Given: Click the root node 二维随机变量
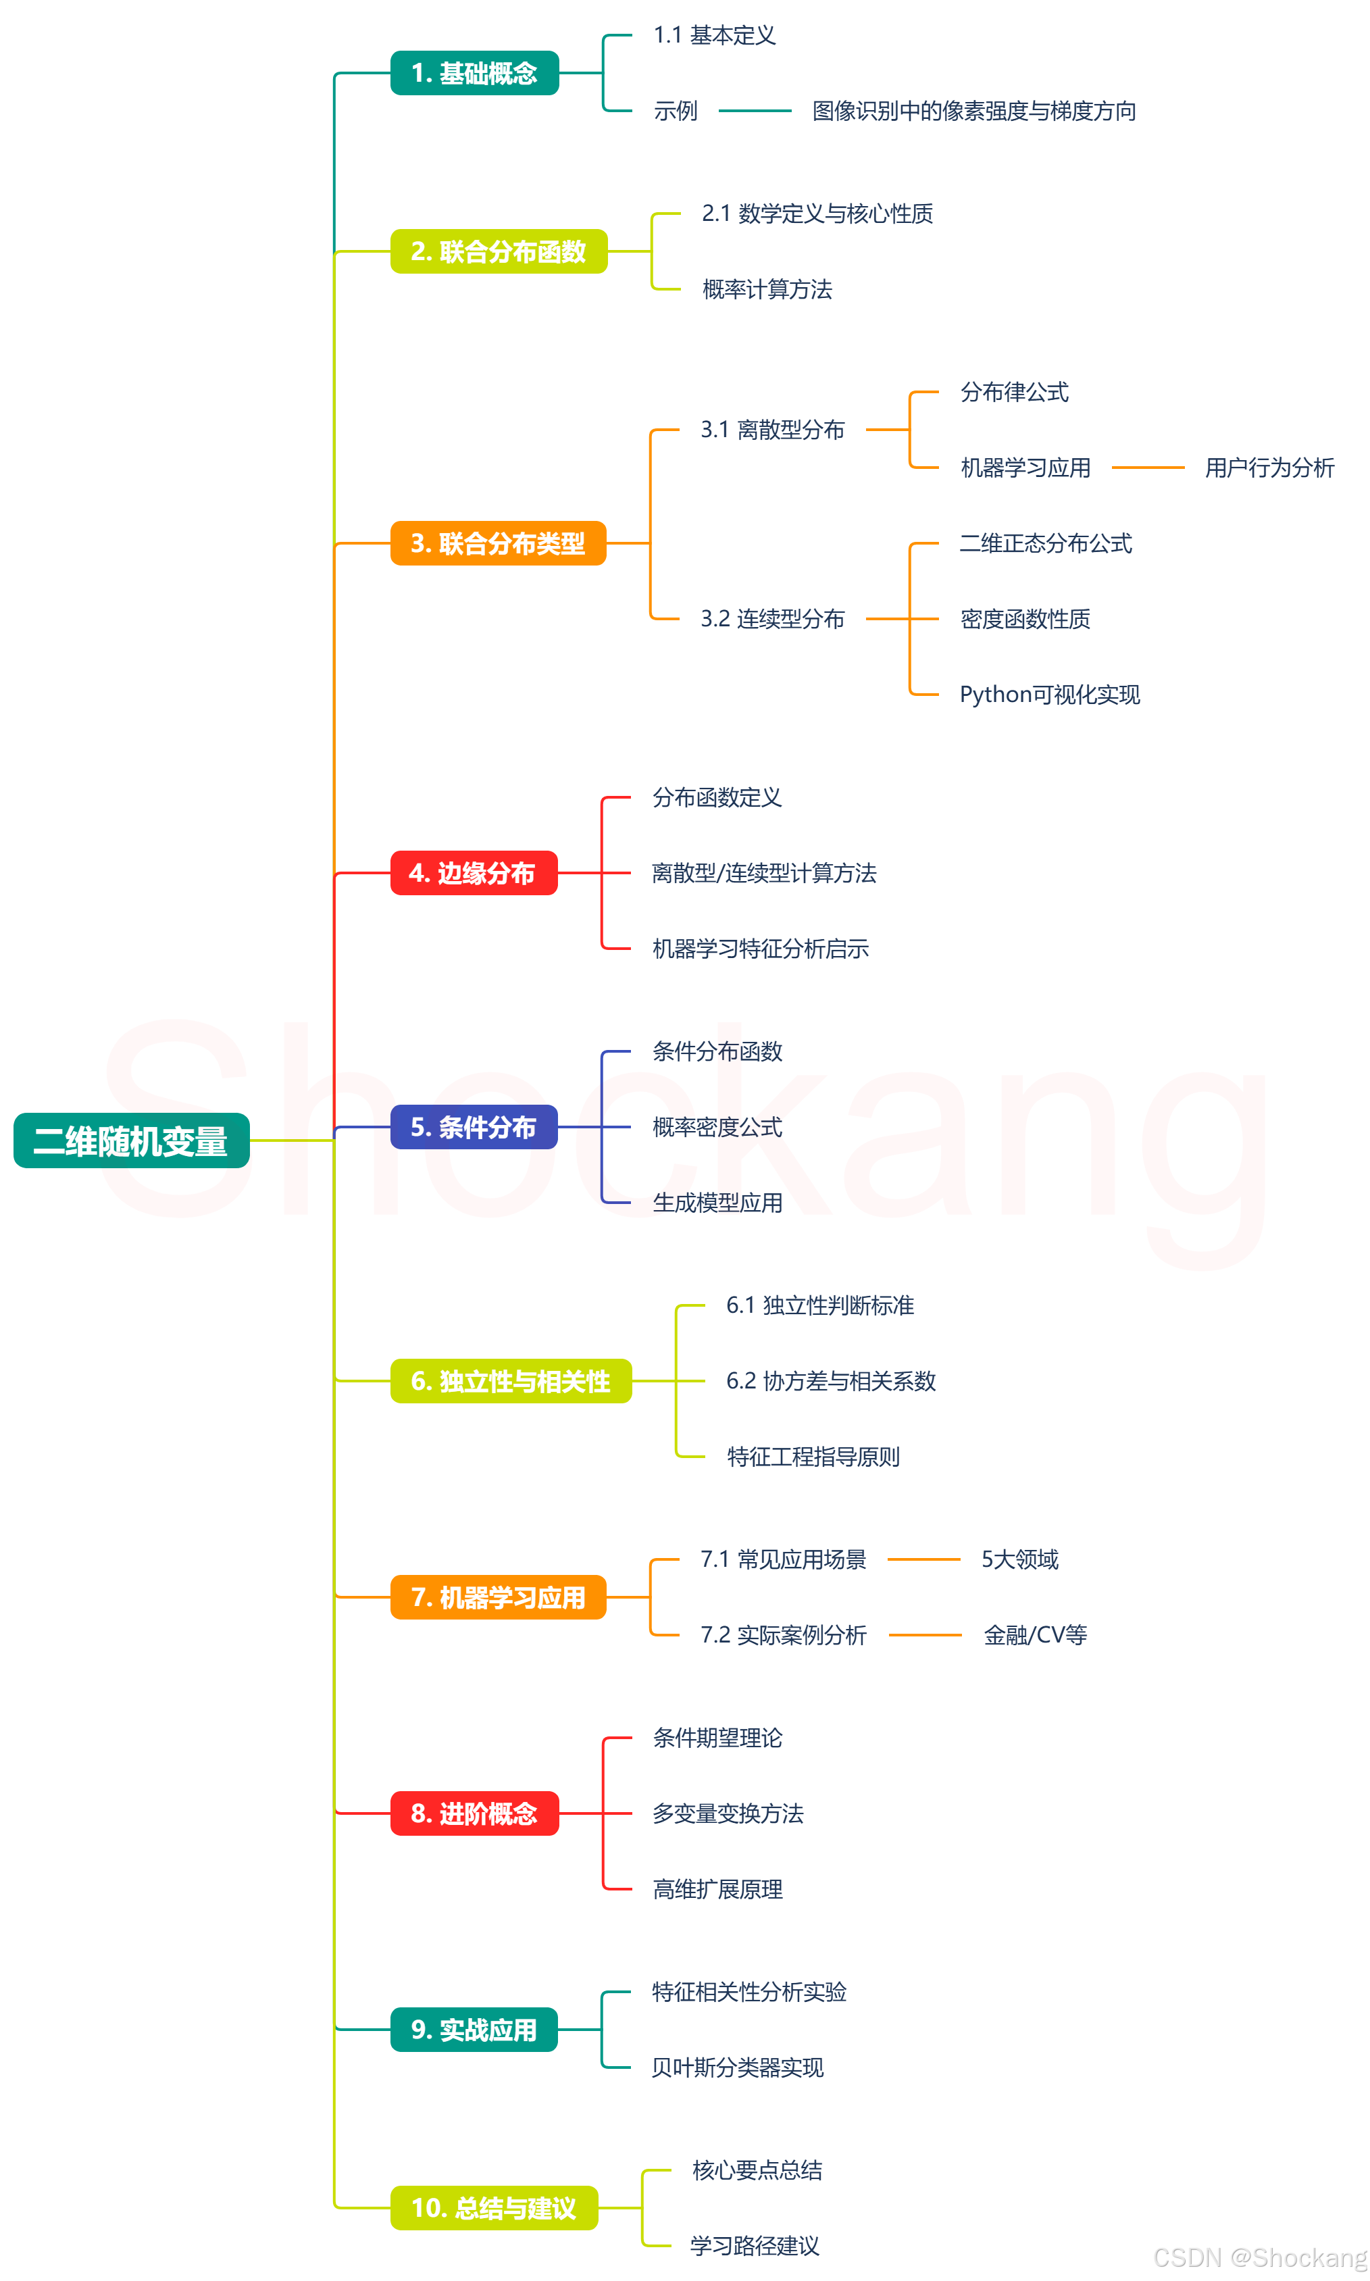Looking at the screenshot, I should (x=131, y=1141).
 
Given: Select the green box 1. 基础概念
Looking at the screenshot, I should (x=474, y=73).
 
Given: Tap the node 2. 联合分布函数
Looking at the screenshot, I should (x=499, y=251).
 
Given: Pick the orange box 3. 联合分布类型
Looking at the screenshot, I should (x=498, y=543).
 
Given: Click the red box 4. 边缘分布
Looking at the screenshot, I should (x=474, y=872).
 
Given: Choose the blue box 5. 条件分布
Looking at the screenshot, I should (x=474, y=1126).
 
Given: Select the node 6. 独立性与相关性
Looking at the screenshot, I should (x=511, y=1381).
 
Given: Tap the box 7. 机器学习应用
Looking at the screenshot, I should (x=498, y=1597).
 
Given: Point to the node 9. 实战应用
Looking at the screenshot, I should (x=474, y=2029).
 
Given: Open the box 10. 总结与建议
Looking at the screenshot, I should (x=494, y=2207).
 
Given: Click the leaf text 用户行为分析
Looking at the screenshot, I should (x=1269, y=468).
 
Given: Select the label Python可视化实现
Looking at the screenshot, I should (x=1050, y=694).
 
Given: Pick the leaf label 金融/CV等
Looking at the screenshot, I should (x=1035, y=1635).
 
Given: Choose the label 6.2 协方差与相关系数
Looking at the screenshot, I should (x=831, y=1381).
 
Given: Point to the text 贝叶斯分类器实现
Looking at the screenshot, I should (x=738, y=2067).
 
